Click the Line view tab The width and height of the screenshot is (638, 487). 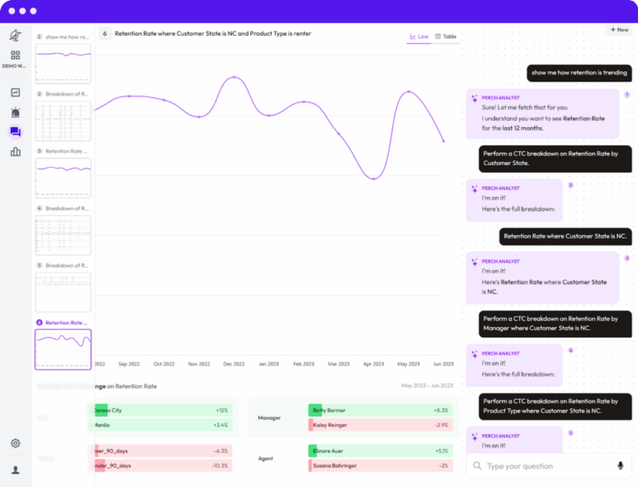click(x=420, y=37)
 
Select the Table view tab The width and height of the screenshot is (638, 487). click(x=446, y=37)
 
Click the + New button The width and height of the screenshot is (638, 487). click(x=618, y=29)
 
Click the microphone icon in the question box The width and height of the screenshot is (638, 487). click(x=620, y=466)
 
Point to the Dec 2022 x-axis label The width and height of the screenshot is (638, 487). click(x=234, y=364)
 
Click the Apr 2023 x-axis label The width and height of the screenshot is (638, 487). click(x=374, y=364)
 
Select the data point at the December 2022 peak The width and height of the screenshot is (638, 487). click(x=234, y=77)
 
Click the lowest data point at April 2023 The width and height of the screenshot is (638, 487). click(x=374, y=179)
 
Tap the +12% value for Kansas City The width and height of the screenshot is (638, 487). click(x=222, y=411)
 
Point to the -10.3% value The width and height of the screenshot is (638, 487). click(x=220, y=465)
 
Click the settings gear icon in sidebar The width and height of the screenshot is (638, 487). click(x=15, y=444)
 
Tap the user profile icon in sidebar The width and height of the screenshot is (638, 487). click(x=15, y=470)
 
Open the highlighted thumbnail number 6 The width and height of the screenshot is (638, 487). click(x=63, y=349)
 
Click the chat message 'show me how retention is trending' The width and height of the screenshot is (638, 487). click(x=580, y=72)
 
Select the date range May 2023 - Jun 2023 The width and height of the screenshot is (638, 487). click(x=427, y=386)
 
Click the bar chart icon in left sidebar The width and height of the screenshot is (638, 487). click(x=15, y=151)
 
